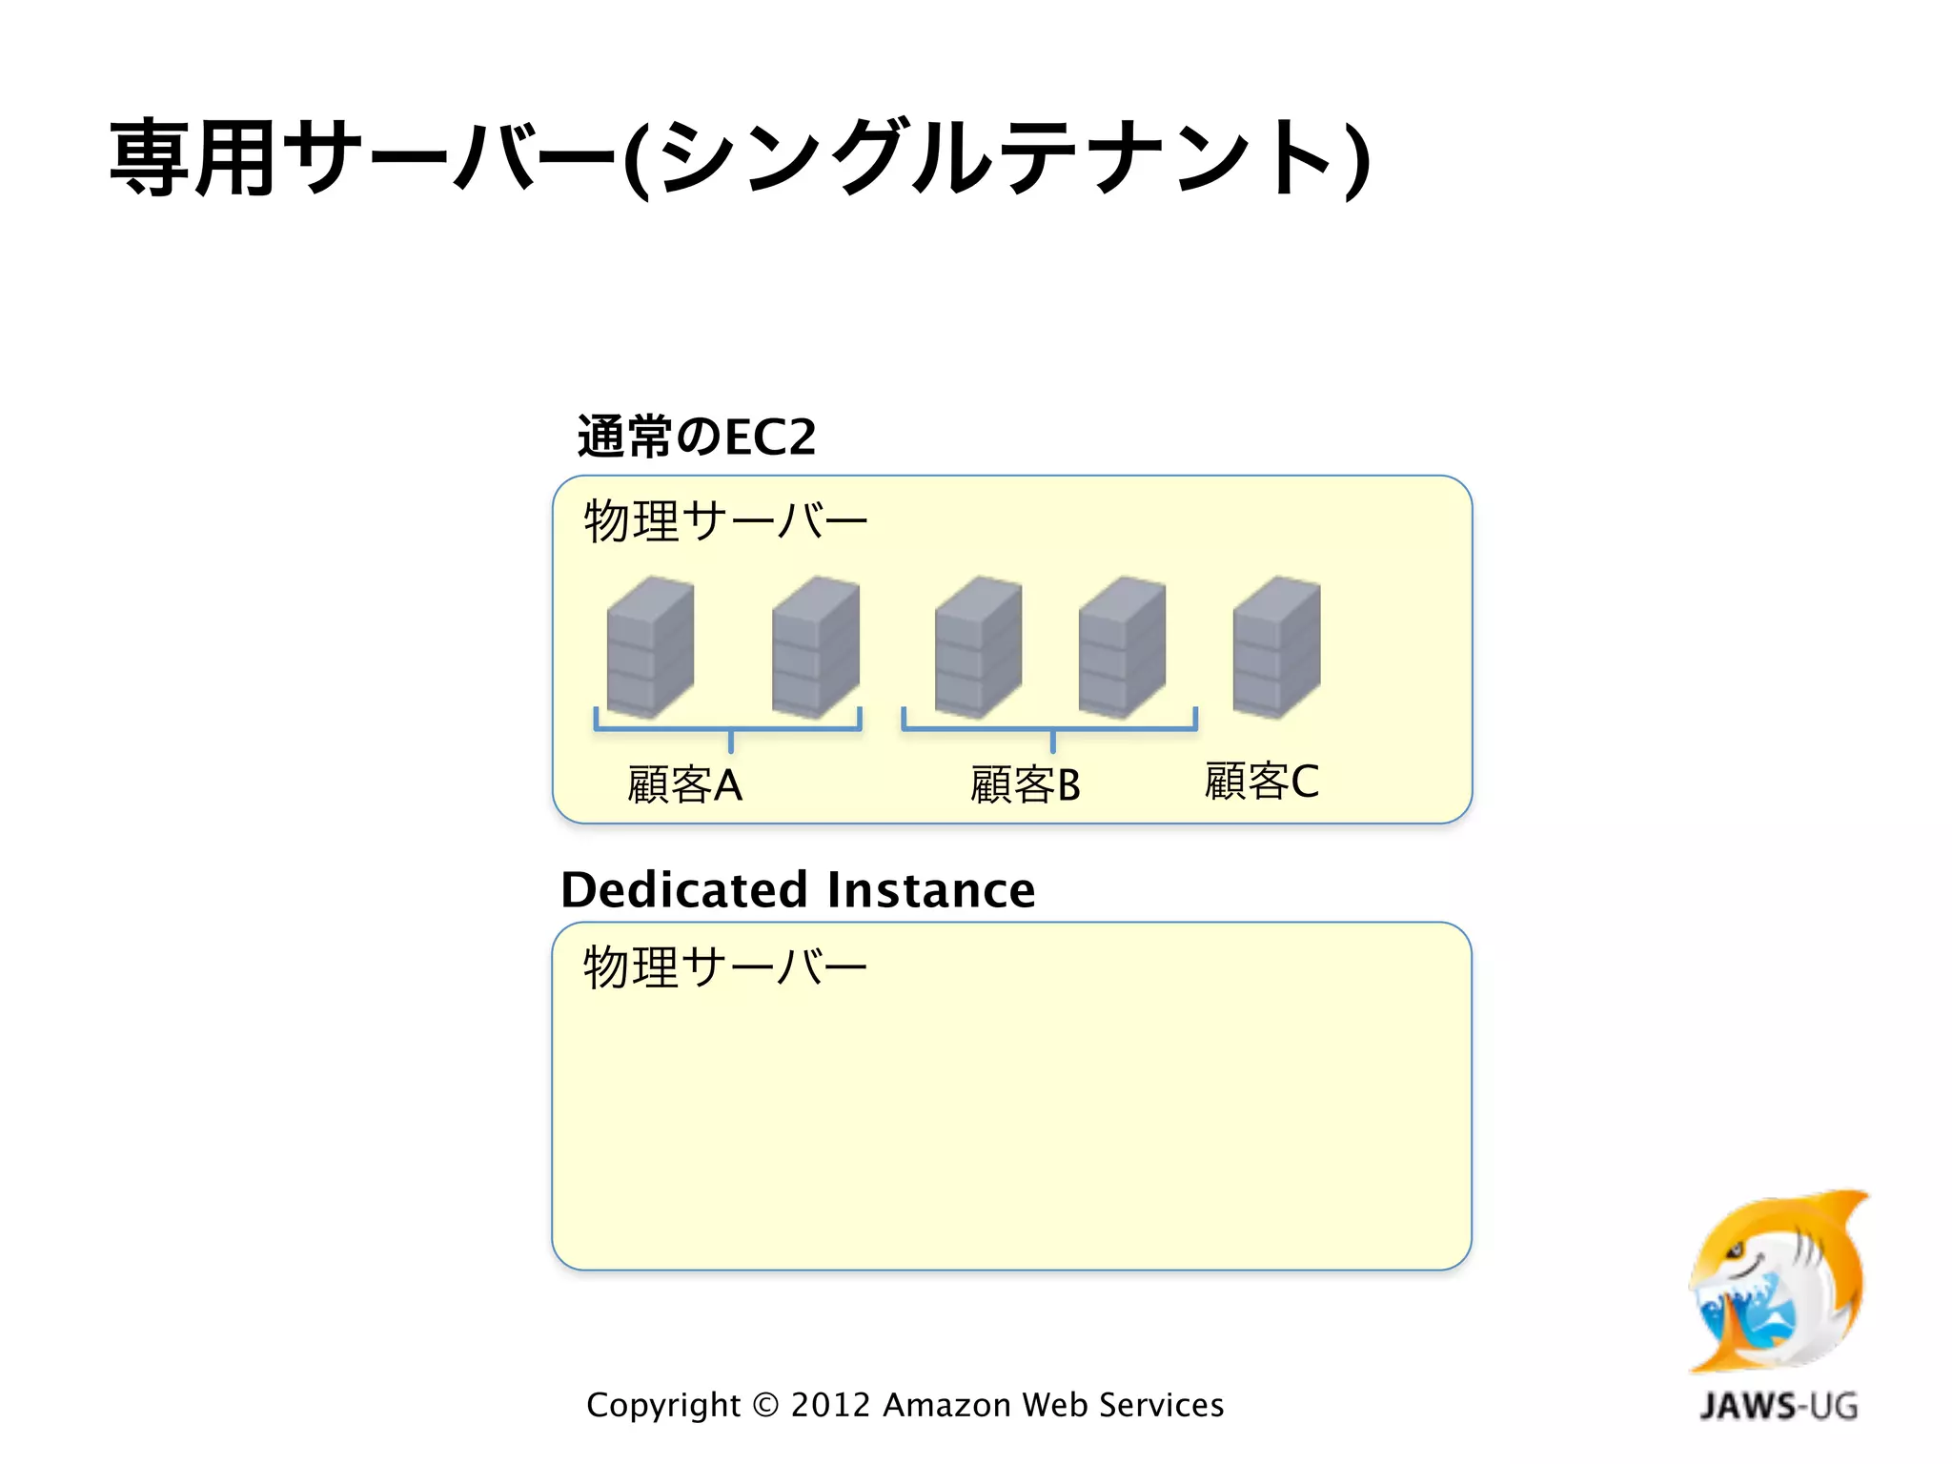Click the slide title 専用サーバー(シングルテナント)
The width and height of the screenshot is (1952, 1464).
click(739, 158)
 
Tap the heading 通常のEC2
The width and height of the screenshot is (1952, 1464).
click(697, 437)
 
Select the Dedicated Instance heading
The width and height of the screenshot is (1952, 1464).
click(798, 890)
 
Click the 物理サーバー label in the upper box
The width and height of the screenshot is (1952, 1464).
click(725, 521)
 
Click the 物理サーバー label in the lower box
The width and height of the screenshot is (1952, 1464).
click(725, 967)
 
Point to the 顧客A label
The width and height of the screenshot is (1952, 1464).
click(684, 785)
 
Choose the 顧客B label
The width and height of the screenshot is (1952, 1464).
click(1025, 785)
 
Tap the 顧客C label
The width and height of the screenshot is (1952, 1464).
click(1261, 782)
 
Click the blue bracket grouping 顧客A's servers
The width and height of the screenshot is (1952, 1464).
click(728, 729)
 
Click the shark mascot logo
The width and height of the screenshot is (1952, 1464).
click(1779, 1282)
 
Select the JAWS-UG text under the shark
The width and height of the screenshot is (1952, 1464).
click(1779, 1406)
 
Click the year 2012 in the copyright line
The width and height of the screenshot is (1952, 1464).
click(830, 1405)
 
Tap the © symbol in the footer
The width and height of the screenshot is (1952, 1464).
click(765, 1405)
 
